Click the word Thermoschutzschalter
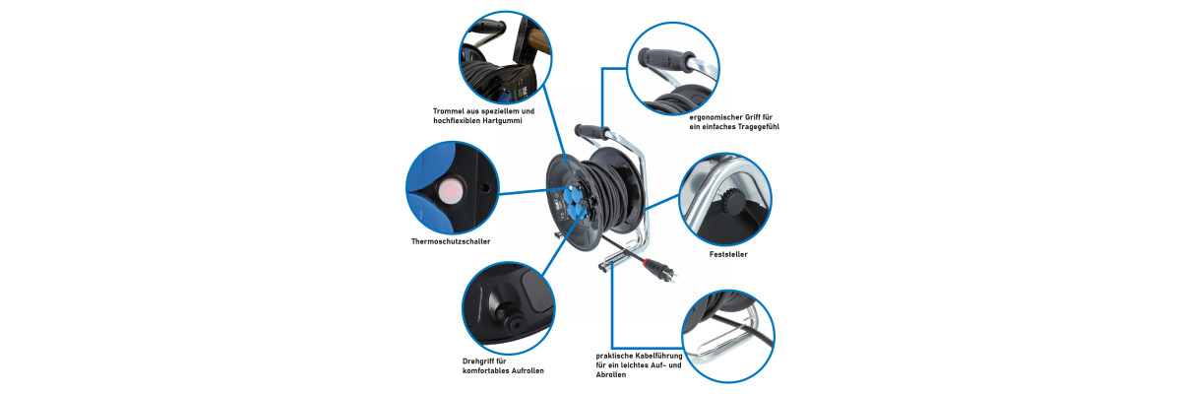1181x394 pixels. click(451, 241)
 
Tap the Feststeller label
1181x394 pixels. click(728, 254)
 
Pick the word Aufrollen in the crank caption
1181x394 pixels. click(526, 370)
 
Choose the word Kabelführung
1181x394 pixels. click(659, 356)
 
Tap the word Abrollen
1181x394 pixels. click(611, 375)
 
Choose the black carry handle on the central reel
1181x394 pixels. click(591, 130)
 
